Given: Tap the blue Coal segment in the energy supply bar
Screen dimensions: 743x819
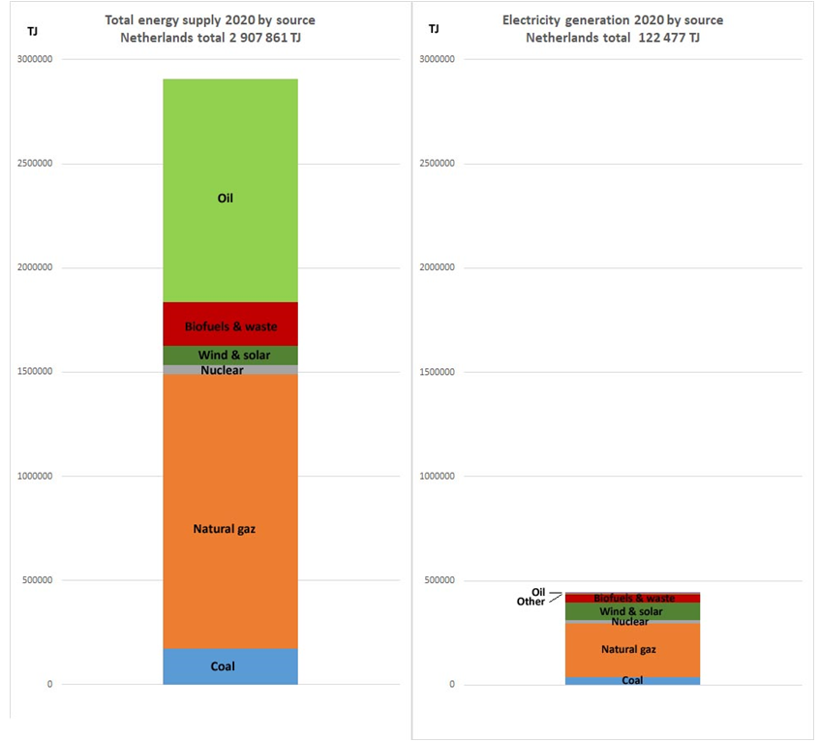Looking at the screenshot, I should tap(229, 666).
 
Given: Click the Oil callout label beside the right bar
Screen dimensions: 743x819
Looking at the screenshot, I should tap(538, 592).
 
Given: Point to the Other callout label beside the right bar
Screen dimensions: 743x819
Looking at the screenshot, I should tap(531, 602).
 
